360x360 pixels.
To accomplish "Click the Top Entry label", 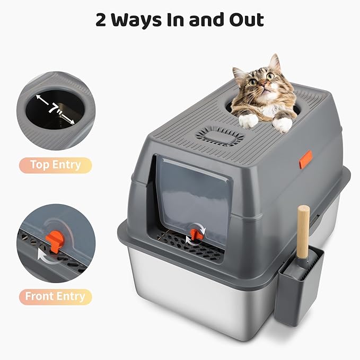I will coord(55,165).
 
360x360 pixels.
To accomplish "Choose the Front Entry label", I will coord(55,296).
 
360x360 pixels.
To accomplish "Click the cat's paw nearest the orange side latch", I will coord(283,125).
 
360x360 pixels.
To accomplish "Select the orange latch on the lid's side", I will coord(305,159).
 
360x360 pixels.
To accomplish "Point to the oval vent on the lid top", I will coord(215,135).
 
